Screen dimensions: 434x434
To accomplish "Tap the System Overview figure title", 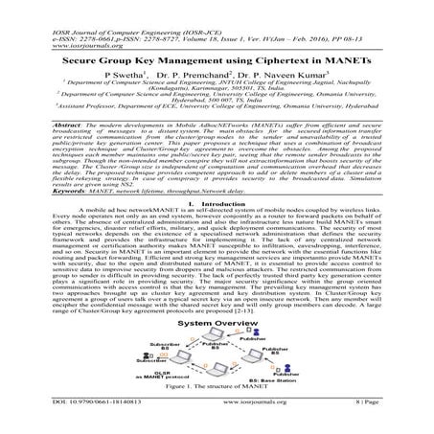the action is click(216, 324).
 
